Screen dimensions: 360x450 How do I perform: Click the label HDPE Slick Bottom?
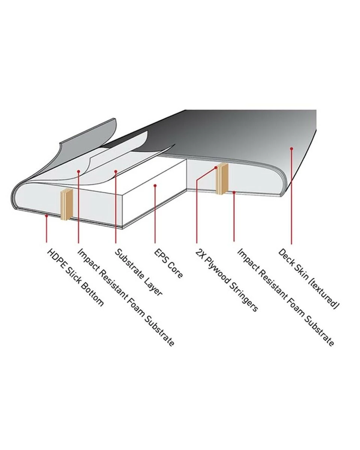click(x=75, y=277)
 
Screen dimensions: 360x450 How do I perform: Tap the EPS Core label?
click(x=169, y=264)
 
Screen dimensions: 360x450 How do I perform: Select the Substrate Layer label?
click(x=139, y=272)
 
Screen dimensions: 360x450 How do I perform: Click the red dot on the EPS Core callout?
click(x=155, y=186)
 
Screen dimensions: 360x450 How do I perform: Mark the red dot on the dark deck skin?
click(x=291, y=148)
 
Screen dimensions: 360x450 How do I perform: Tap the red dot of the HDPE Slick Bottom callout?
click(x=47, y=216)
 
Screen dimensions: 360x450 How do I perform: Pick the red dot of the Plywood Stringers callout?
click(x=216, y=167)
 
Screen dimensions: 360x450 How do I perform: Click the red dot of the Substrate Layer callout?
click(x=116, y=171)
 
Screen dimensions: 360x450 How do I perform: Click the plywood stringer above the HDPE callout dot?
click(x=66, y=204)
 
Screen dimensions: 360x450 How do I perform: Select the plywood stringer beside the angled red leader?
click(x=222, y=179)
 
